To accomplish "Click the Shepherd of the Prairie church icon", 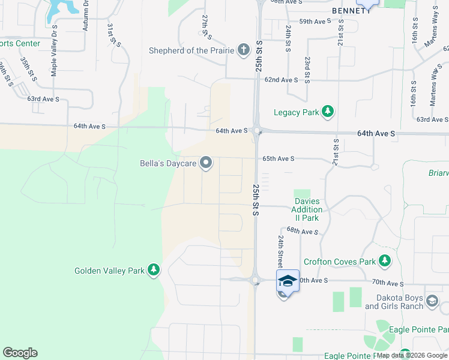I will click(x=244, y=50).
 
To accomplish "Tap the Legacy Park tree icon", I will click(x=328, y=112).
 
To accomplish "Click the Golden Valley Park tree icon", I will click(x=154, y=271).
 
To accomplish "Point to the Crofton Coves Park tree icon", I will click(x=384, y=261).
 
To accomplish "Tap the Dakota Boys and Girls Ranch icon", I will click(x=431, y=301).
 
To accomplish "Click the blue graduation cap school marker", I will click(x=288, y=281).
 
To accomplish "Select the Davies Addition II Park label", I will click(x=307, y=209).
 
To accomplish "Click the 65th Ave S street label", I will click(x=278, y=159).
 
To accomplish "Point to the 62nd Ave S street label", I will click(x=282, y=80).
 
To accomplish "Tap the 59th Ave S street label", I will click(x=315, y=22).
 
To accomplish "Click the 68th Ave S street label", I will click(x=302, y=231).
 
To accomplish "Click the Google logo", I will click(x=20, y=353).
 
